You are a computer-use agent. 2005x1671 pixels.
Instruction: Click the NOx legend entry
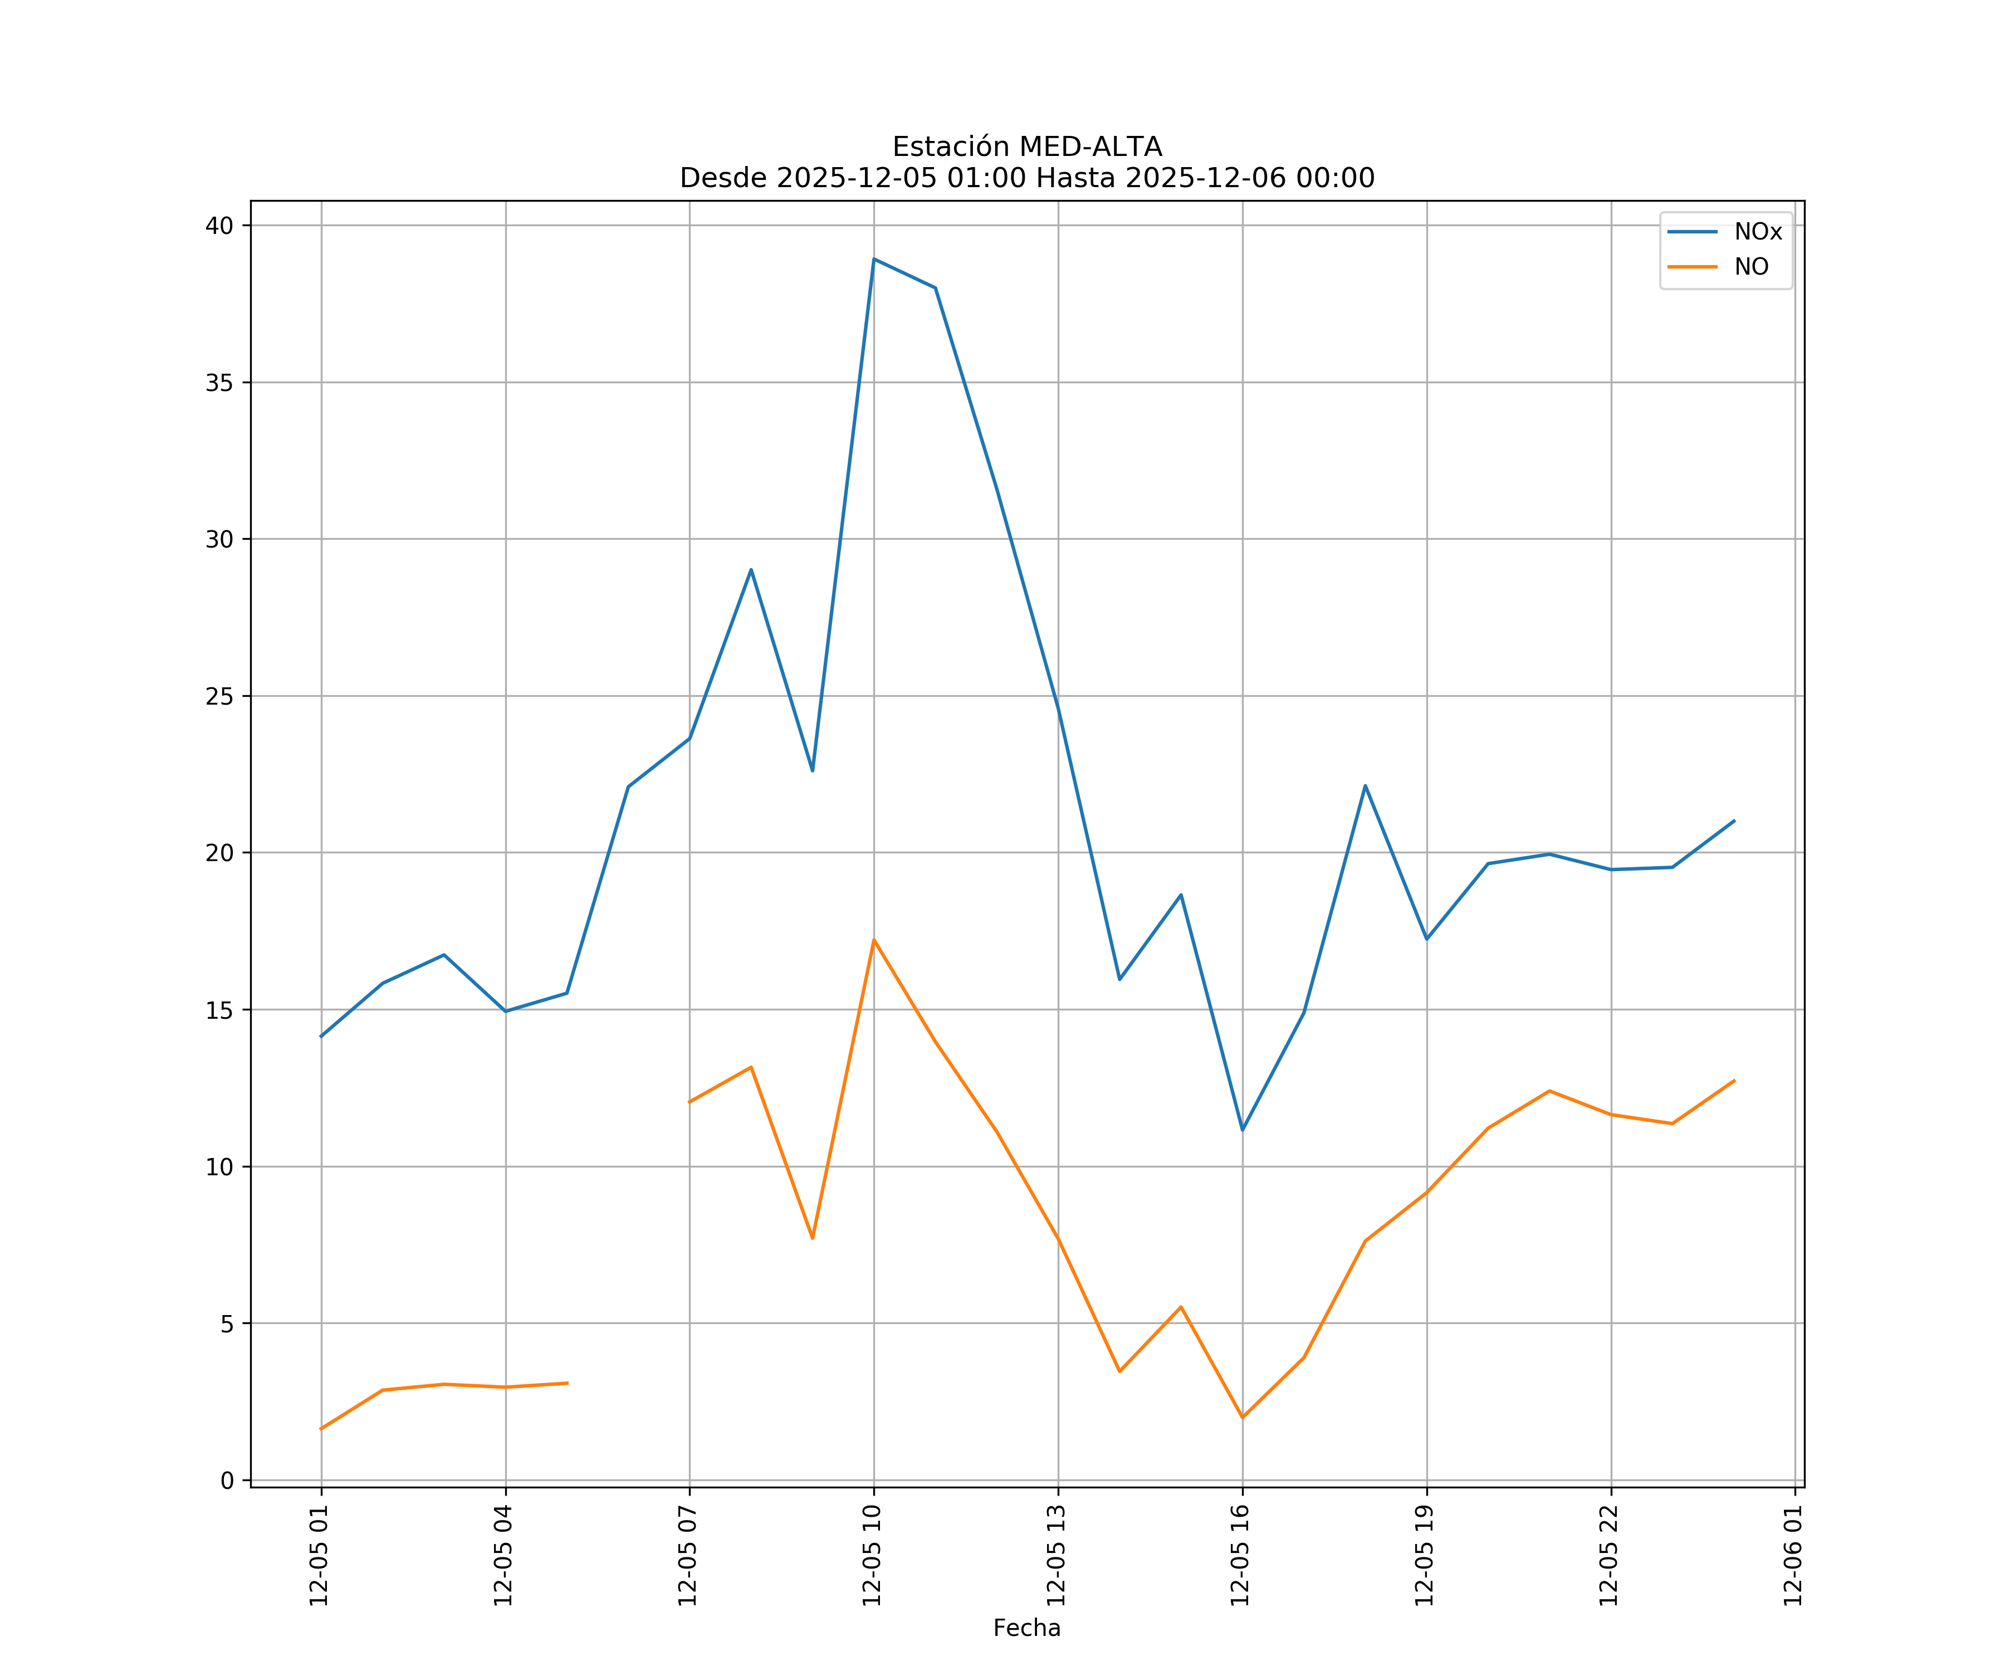[x=1757, y=232]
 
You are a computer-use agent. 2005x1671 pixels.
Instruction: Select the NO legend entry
[x=1751, y=267]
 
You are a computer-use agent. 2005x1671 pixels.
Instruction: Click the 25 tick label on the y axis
[x=219, y=696]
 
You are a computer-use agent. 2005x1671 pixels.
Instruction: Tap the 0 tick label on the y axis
[x=227, y=1481]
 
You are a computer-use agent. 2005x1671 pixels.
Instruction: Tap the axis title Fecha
[x=1026, y=1628]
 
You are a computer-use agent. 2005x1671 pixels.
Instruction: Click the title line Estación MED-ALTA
[x=1026, y=147]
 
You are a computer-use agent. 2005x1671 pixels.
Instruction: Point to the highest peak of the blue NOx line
[x=874, y=259]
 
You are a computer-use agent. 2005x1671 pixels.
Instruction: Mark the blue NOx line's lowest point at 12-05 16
[x=1242, y=1130]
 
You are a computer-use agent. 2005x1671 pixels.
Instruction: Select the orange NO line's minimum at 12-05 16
[x=1242, y=1417]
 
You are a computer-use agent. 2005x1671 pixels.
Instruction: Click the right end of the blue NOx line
[x=1734, y=820]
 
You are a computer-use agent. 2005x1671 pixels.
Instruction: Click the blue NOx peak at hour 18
[x=1365, y=786]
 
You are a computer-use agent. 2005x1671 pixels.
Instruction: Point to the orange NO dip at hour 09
[x=813, y=1238]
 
